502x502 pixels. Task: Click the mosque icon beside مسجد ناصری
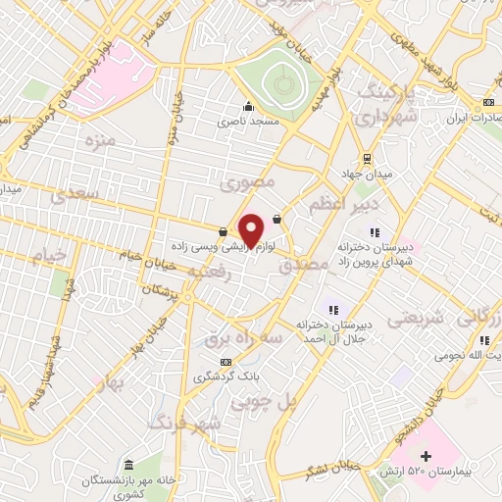248,107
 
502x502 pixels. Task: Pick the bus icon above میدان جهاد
367,158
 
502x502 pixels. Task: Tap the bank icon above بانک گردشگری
227,361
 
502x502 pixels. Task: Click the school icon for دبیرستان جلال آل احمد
331,310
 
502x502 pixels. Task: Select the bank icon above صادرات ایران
487,103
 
